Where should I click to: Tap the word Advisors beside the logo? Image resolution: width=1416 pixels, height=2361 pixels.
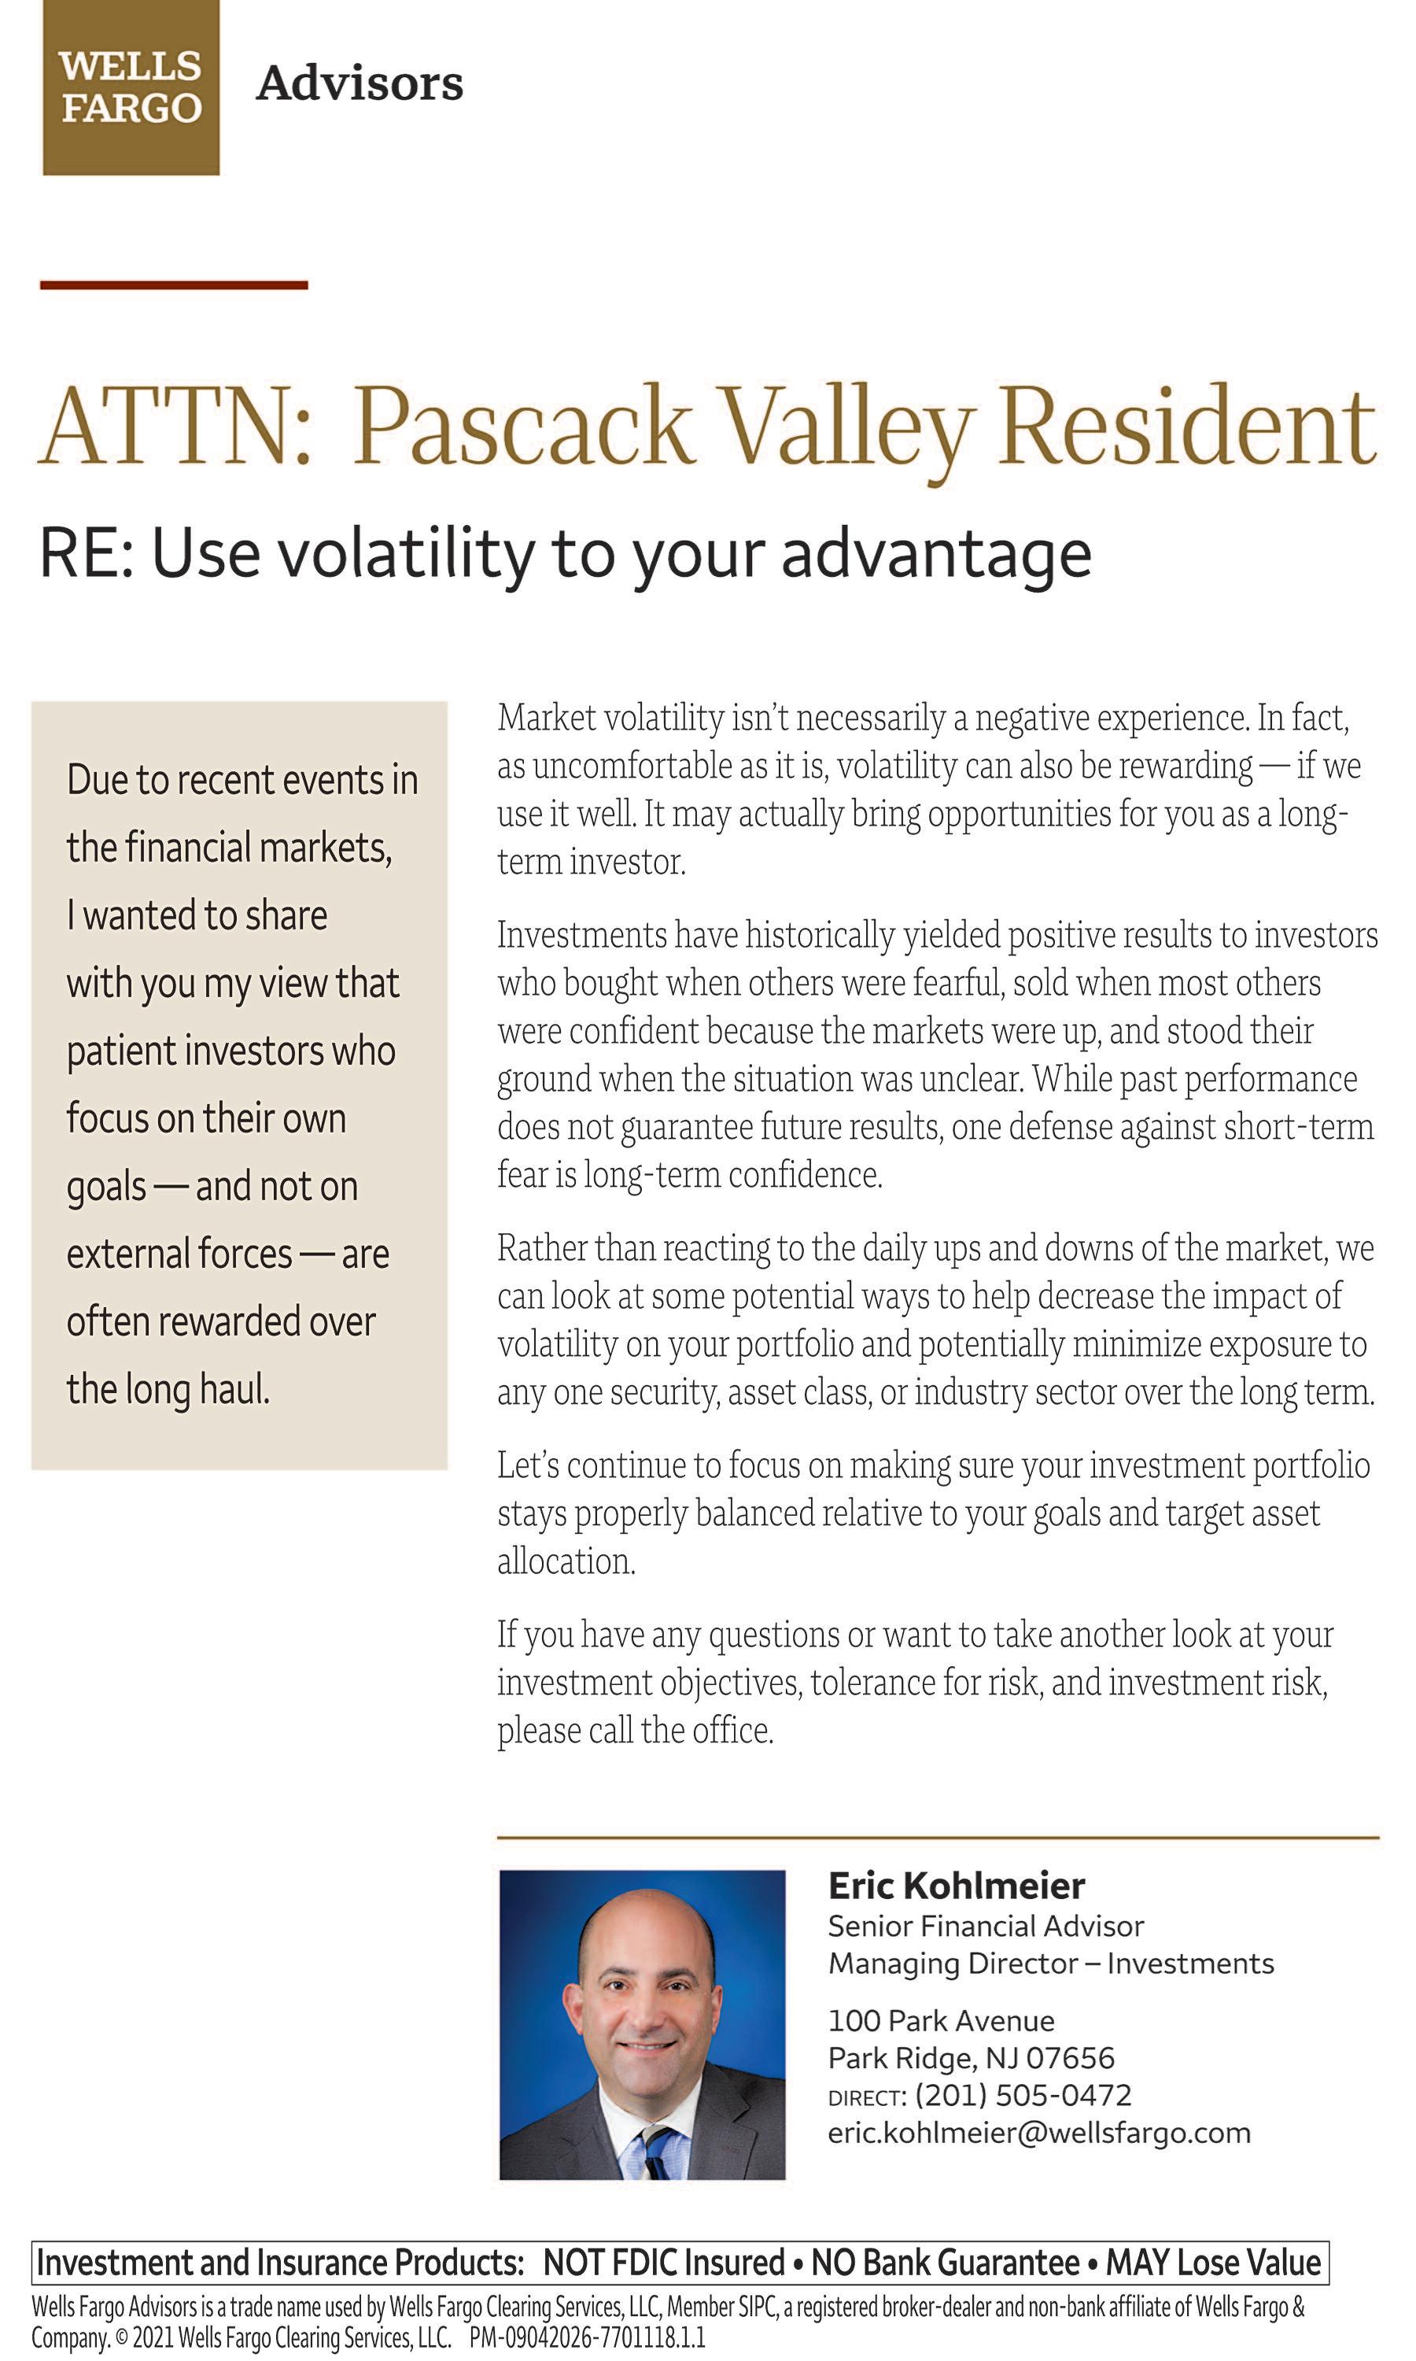[x=360, y=84]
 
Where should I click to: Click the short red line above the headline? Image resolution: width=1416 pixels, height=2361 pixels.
[x=174, y=284]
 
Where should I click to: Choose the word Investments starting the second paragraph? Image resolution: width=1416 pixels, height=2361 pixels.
[x=582, y=935]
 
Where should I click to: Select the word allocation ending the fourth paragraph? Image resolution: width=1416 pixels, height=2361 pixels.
[x=566, y=1561]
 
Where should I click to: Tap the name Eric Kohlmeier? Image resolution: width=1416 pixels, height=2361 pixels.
[x=956, y=1886]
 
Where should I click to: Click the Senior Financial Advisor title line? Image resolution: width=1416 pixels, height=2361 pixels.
[x=986, y=1927]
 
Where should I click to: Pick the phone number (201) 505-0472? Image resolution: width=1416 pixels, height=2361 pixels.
[x=1023, y=2096]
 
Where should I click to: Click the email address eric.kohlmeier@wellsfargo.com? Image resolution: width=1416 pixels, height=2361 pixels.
[x=1039, y=2133]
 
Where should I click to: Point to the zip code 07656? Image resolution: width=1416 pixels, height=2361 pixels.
[x=1070, y=2059]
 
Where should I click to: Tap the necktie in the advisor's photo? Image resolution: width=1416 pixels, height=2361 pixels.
[x=657, y=2152]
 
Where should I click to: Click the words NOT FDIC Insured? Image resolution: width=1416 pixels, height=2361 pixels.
[x=664, y=2263]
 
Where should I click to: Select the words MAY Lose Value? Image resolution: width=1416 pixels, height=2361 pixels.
[x=1213, y=2263]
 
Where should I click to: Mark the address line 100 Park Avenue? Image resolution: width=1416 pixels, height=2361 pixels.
[x=941, y=2021]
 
